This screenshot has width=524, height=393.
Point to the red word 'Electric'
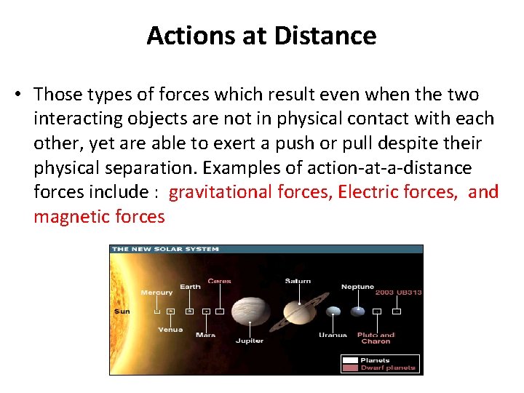[367, 192]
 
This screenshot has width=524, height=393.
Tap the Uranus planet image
[333, 311]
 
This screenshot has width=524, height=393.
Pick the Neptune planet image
[357, 311]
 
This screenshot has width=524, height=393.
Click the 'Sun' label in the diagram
[122, 311]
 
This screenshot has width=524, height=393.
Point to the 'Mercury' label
[156, 293]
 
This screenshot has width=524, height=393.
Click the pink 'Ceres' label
[219, 281]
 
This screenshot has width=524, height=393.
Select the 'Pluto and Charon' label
[376, 338]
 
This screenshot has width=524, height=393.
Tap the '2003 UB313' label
[398, 293]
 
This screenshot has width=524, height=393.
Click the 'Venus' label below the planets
[170, 330]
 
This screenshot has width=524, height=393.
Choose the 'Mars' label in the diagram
[205, 335]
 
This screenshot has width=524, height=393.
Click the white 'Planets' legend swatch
[350, 360]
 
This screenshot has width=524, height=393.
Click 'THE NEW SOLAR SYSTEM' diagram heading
[165, 249]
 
